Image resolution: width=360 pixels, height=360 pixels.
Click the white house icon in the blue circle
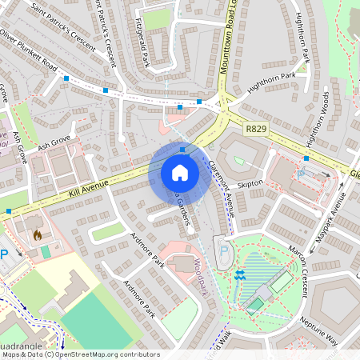click(179, 173)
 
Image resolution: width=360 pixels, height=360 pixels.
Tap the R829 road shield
click(257, 127)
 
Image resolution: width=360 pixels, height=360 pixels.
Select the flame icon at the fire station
click(37, 236)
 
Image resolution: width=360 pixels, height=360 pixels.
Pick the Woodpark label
click(199, 276)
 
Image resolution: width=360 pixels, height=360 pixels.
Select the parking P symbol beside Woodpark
click(224, 251)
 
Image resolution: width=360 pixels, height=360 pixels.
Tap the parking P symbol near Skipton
click(301, 173)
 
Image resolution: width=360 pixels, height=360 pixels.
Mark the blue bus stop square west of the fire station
click(9, 211)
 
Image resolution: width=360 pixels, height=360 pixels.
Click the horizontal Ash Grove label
click(54, 143)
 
